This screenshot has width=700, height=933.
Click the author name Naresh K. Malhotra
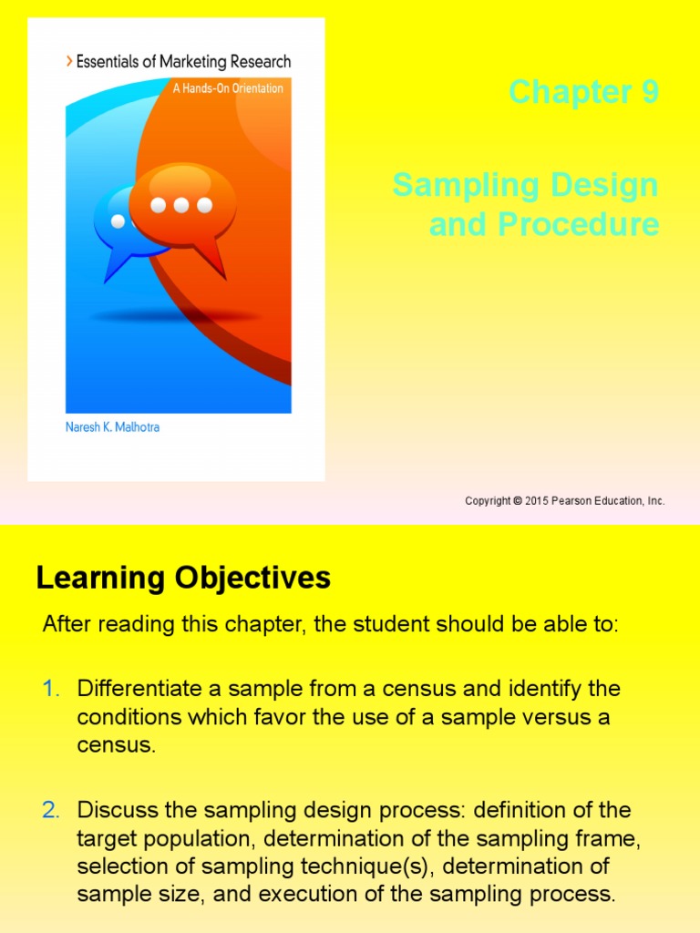pos(112,427)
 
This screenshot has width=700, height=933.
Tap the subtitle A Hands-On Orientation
pos(228,88)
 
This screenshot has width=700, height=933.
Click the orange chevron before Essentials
pos(69,62)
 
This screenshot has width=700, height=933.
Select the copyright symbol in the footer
pos(517,501)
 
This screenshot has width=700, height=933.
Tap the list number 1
pos(51,689)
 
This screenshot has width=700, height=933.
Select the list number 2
pos(51,810)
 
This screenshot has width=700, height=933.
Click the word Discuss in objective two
pos(112,810)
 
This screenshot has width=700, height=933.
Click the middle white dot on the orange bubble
pos(181,205)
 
